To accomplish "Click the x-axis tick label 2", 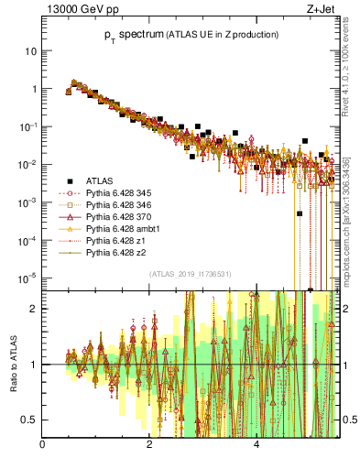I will (149, 445).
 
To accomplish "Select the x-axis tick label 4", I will (256, 445).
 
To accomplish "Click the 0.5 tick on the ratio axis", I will (29, 420).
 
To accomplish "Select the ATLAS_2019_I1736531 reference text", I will (190, 274).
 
